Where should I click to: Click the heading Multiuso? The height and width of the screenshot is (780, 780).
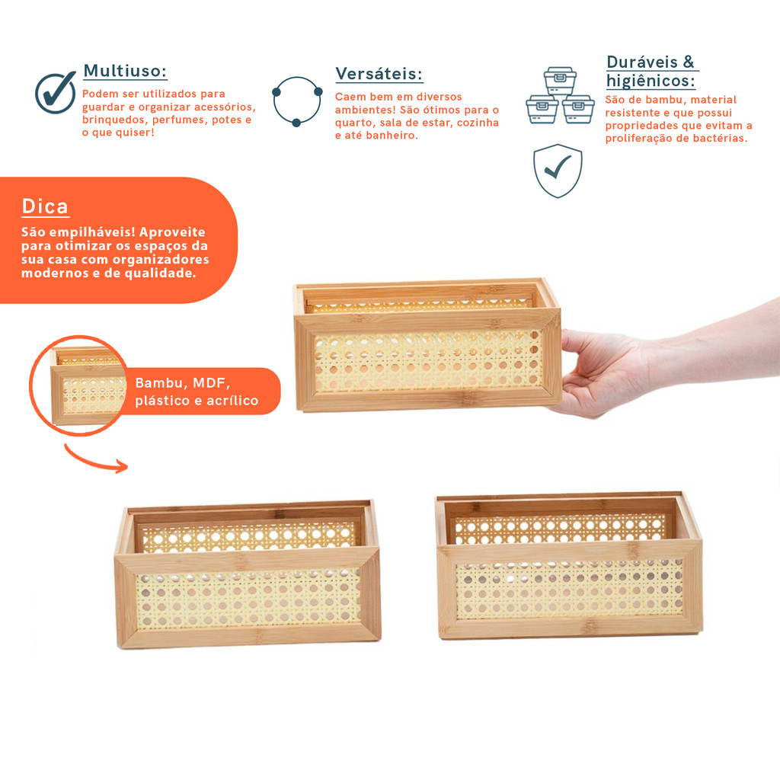[125, 71]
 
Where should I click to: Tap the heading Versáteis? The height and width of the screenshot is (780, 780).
[379, 74]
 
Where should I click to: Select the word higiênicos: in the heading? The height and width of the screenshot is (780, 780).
[651, 81]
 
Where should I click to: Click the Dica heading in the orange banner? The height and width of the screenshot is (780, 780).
[45, 206]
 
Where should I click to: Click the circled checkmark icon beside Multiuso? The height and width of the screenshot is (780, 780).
[55, 92]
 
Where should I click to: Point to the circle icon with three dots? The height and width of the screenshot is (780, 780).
[298, 101]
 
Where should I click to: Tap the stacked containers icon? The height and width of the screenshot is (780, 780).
[560, 95]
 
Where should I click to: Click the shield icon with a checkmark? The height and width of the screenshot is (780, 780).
[558, 171]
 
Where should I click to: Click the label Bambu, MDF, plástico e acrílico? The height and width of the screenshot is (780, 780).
[197, 392]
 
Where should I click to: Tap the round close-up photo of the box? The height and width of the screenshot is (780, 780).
[79, 385]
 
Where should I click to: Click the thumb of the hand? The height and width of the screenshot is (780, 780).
[577, 342]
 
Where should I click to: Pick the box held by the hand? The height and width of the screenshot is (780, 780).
[427, 345]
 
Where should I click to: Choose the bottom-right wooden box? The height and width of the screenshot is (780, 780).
[569, 566]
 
